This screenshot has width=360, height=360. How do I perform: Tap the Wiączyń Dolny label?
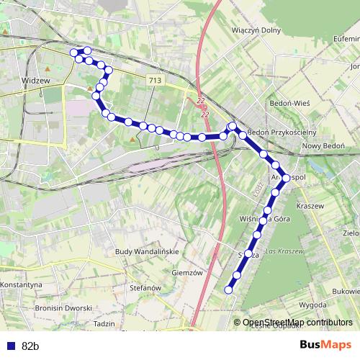coord(254,31)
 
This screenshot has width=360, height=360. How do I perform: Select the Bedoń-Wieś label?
coord(289,103)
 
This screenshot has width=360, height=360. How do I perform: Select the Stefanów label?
coord(145,288)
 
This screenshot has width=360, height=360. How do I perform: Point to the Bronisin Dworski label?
coord(63,307)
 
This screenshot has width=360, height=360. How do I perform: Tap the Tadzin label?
coord(104,324)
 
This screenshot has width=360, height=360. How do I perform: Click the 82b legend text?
coord(30,346)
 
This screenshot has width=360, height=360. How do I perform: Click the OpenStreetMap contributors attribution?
coord(297,323)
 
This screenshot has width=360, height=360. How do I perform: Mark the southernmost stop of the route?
coord(229,290)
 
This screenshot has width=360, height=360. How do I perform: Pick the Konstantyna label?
coord(20,285)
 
